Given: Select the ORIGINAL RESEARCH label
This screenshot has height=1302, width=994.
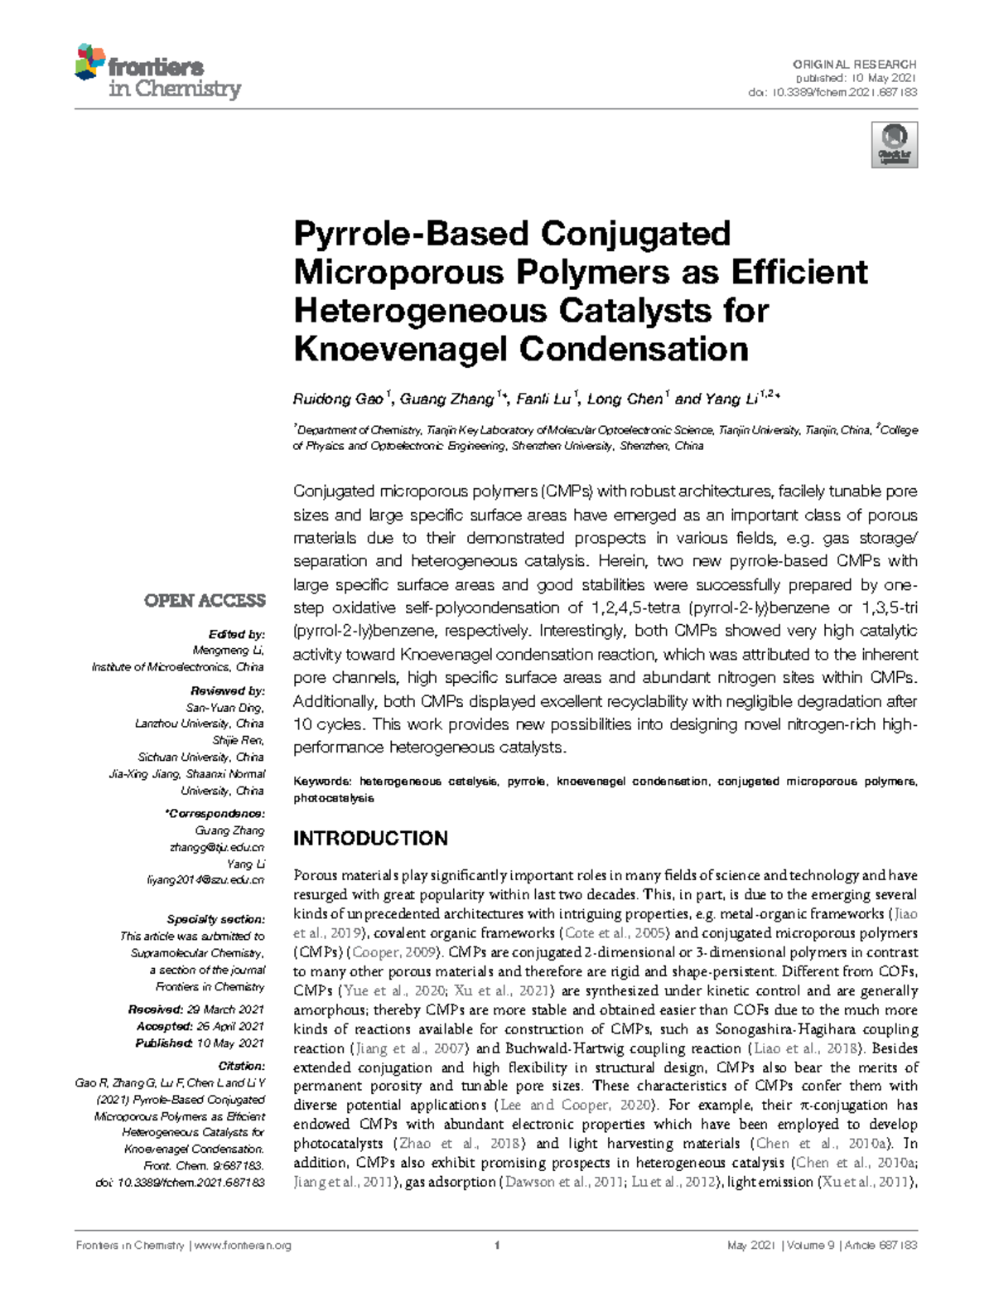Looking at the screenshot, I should [x=855, y=64].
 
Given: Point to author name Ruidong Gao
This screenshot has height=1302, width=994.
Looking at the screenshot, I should [x=338, y=399].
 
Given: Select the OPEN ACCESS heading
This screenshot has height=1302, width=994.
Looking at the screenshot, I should [x=204, y=600].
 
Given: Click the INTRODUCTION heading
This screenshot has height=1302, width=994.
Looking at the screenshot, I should [x=370, y=838].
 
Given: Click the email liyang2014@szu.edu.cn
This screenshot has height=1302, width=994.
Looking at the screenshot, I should [x=205, y=880].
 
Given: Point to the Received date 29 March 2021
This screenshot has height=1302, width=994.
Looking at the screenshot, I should [x=225, y=1009].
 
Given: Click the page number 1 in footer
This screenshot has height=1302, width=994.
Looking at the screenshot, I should [x=496, y=1246].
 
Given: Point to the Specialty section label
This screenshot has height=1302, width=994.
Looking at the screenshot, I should [x=215, y=919].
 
